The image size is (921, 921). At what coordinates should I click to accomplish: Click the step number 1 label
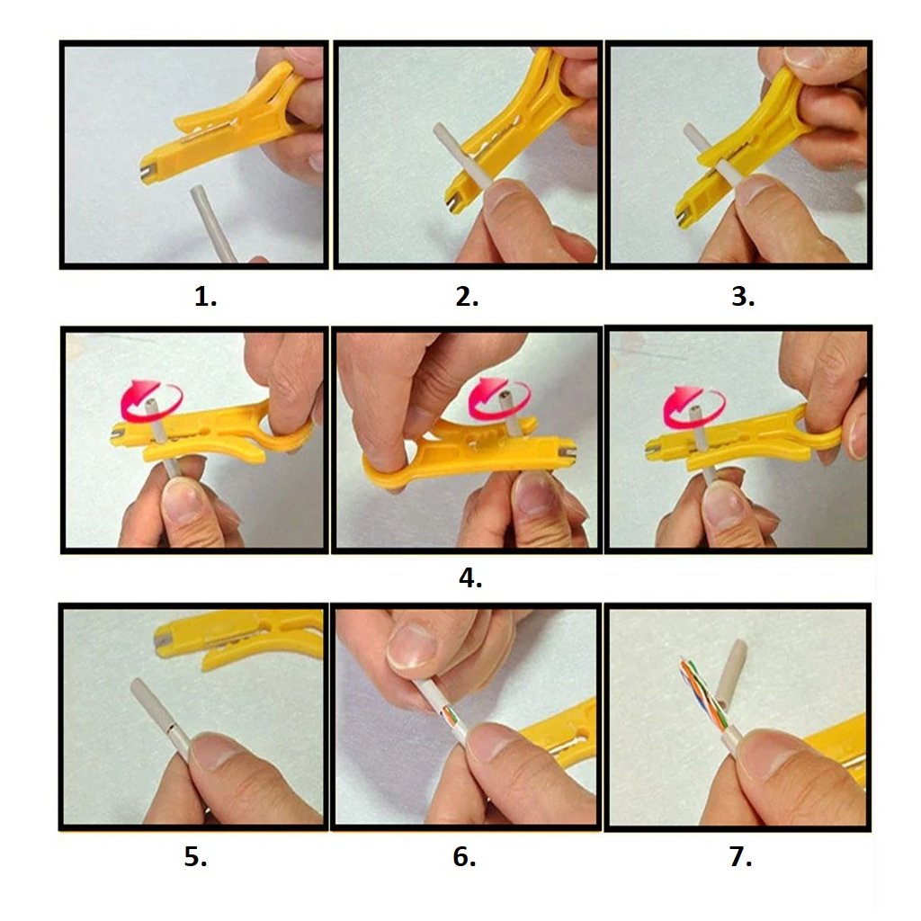click(x=205, y=297)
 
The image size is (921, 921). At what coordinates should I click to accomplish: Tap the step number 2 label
click(x=467, y=297)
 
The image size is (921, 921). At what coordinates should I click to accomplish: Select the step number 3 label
click(x=743, y=297)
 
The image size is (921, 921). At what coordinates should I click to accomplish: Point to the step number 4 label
click(x=470, y=577)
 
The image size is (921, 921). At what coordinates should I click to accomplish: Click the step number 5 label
click(x=195, y=856)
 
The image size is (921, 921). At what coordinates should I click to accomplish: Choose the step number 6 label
click(x=464, y=856)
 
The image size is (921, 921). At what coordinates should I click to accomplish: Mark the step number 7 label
click(x=741, y=856)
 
